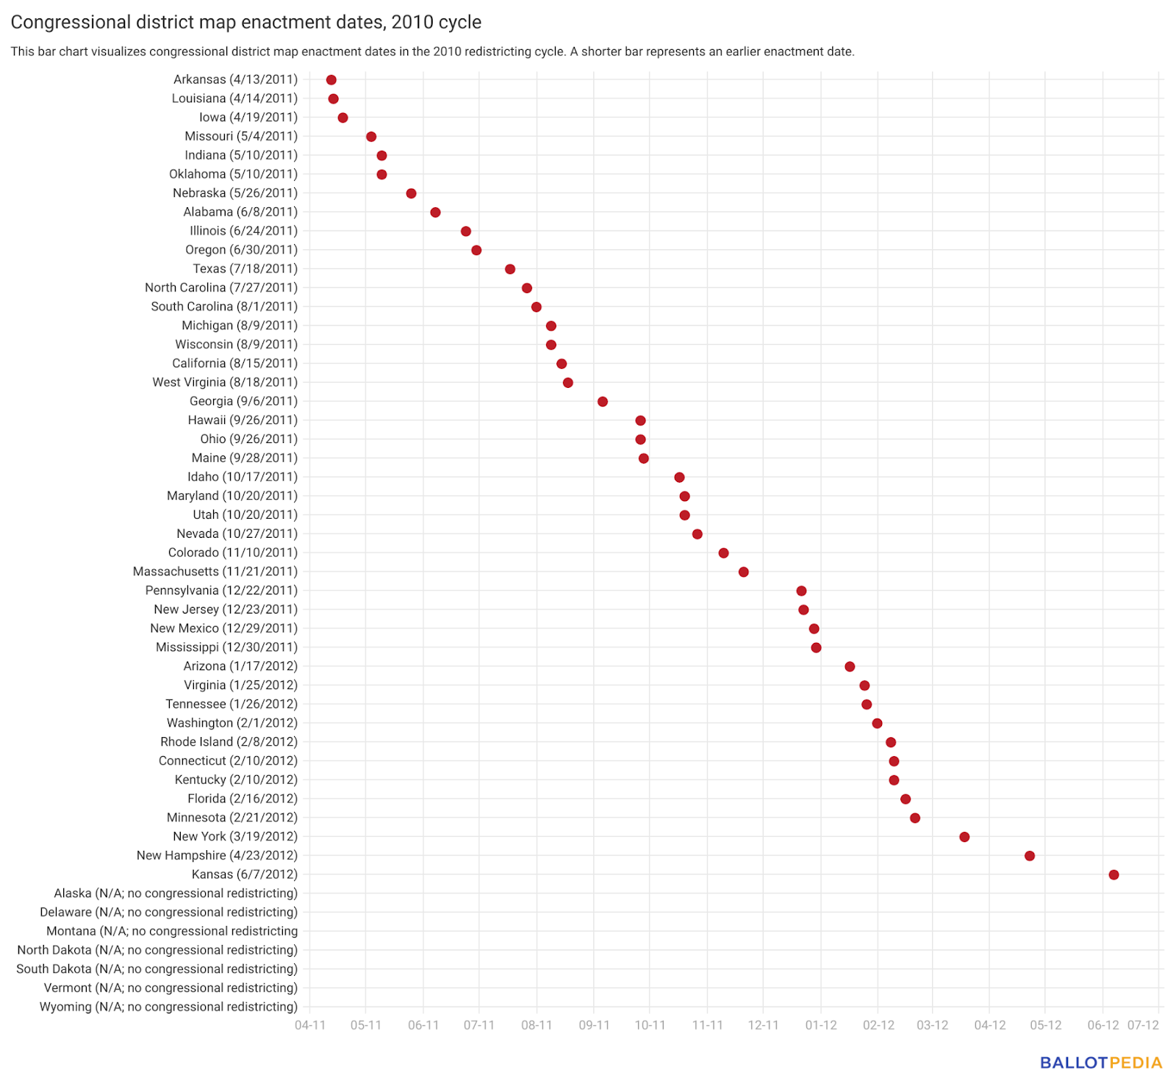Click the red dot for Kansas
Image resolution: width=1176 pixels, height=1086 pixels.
1114,874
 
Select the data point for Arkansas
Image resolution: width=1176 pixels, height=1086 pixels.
331,80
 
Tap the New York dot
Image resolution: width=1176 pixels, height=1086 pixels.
964,837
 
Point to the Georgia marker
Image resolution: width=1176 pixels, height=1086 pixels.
603,401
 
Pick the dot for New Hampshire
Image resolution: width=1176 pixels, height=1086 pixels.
1030,856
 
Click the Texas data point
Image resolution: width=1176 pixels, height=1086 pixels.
510,269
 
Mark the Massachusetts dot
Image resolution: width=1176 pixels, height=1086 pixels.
744,572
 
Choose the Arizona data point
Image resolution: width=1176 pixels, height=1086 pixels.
850,666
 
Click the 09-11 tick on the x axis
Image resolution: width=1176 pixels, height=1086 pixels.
594,1025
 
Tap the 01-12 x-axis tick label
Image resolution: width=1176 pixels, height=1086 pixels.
821,1025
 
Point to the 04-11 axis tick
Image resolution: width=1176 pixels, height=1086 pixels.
310,1025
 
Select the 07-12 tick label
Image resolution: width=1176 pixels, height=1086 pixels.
1144,1025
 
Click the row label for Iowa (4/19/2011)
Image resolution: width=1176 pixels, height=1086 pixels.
248,118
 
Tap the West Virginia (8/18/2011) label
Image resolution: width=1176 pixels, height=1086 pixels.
225,382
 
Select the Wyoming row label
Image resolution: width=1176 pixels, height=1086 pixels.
168,1007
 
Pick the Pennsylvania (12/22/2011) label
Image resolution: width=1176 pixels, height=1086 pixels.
221,591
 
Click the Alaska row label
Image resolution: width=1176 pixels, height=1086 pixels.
176,893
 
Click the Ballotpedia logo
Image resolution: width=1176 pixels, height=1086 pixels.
1101,1063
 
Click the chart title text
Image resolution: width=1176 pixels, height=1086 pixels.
246,22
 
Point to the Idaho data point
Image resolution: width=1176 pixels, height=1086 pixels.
679,478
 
